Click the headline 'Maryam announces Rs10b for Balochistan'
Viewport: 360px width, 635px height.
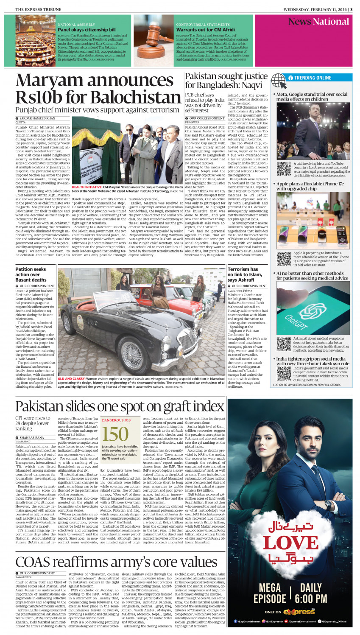click(x=98, y=89)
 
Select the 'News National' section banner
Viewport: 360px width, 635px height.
click(x=318, y=22)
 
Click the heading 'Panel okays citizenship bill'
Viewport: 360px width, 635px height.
click(x=87, y=30)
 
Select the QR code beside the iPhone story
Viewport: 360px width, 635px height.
click(x=284, y=258)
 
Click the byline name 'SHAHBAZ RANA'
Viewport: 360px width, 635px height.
click(x=32, y=437)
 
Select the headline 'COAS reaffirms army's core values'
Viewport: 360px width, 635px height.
click(x=117, y=562)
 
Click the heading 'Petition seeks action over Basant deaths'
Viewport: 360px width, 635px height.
click(x=31, y=274)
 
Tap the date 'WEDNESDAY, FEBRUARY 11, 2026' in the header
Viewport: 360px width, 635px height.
click(x=310, y=9)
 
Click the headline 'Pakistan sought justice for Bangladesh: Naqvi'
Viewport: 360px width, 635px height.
click(x=226, y=81)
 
